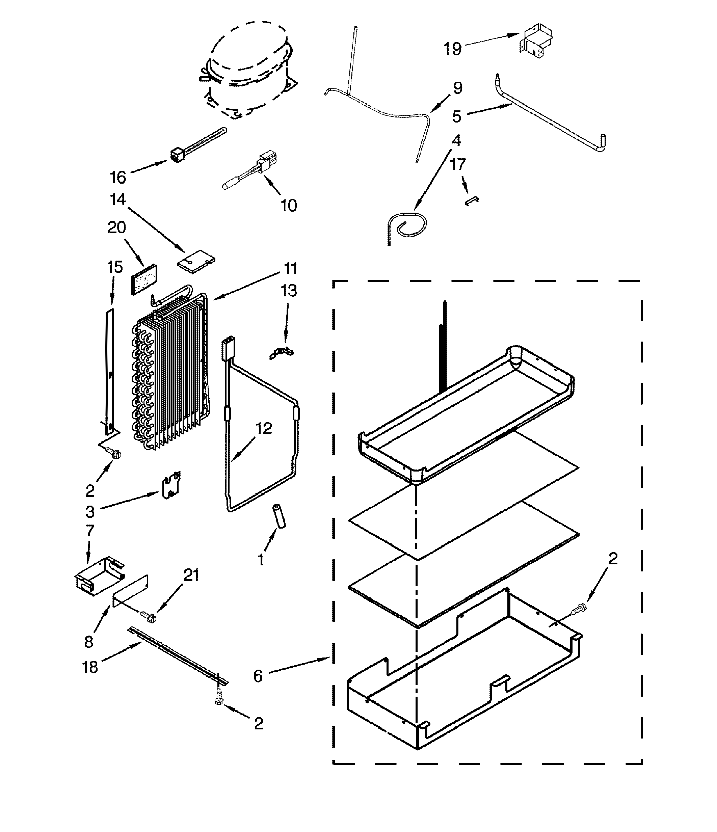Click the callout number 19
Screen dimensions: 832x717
452,49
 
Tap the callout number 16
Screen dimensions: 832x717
118,178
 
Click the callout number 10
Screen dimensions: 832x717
288,206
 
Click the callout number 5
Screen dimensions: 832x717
456,116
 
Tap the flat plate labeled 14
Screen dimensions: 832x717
196,262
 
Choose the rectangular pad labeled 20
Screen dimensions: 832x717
143,279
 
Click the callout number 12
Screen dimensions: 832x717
264,428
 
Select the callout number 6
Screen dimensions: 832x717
258,676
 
